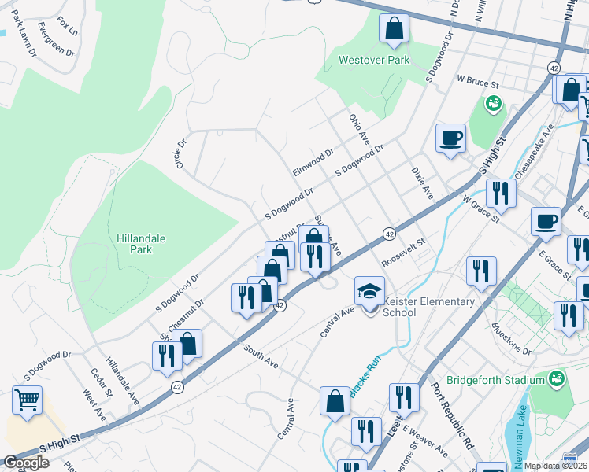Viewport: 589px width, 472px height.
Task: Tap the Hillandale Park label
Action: click(x=134, y=243)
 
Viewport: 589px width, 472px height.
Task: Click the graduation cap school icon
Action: click(x=369, y=291)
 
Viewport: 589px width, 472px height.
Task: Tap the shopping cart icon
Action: click(x=28, y=400)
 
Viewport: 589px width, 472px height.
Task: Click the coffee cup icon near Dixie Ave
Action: click(x=451, y=138)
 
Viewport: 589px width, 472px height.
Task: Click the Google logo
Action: click(x=26, y=463)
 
